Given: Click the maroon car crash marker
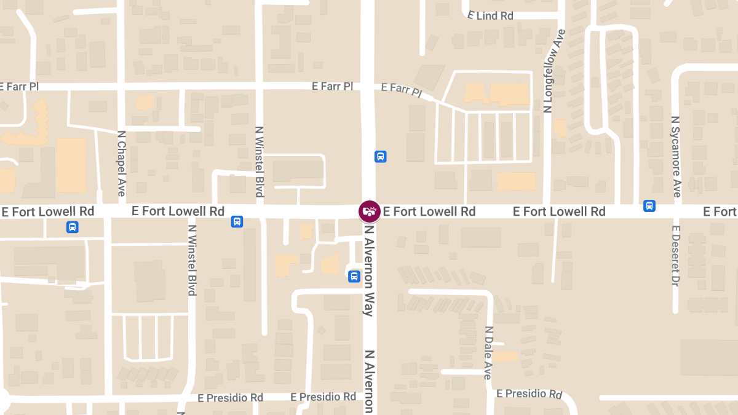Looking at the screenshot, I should [370, 211].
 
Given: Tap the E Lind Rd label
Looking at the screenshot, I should [490, 15].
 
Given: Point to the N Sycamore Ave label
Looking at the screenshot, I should [676, 157].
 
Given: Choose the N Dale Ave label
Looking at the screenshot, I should [488, 352].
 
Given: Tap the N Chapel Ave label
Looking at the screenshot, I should [121, 163].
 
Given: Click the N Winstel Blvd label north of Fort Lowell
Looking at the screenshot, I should [259, 162].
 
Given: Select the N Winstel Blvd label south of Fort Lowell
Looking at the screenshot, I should [192, 260].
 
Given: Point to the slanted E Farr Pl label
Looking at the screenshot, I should [402, 90].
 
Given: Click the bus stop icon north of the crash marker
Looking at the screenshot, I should [381, 156].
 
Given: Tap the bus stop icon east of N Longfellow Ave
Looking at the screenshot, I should [649, 206].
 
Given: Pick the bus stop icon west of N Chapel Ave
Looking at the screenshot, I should [73, 227].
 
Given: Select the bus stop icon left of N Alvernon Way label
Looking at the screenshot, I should [354, 276].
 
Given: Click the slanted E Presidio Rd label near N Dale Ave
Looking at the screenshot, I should [529, 393].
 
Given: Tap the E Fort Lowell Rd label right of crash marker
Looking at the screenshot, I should [429, 211].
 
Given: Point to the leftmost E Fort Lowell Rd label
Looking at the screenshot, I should [47, 211].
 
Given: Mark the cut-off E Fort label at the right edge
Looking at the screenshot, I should [720, 211].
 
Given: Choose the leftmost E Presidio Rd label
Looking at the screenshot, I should [230, 398].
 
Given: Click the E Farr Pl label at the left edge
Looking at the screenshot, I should [20, 87].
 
